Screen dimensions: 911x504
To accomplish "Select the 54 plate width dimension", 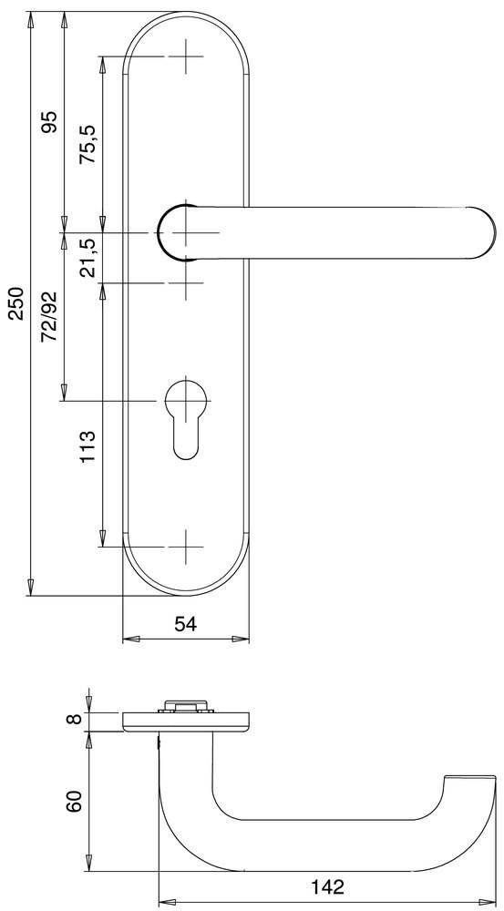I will point(186,623).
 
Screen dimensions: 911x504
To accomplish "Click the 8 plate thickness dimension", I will point(76,721).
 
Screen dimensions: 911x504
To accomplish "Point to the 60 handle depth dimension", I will point(76,802).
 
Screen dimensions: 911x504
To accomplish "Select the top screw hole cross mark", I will point(187,57).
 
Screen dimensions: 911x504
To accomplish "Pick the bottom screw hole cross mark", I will point(187,546).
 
